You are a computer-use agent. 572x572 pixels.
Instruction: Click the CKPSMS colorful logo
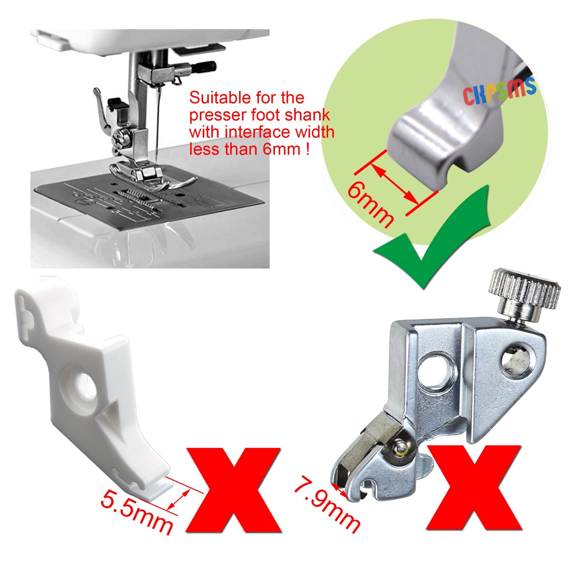pyautogui.click(x=499, y=91)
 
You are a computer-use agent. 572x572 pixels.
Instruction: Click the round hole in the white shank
pyautogui.click(x=86, y=384)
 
